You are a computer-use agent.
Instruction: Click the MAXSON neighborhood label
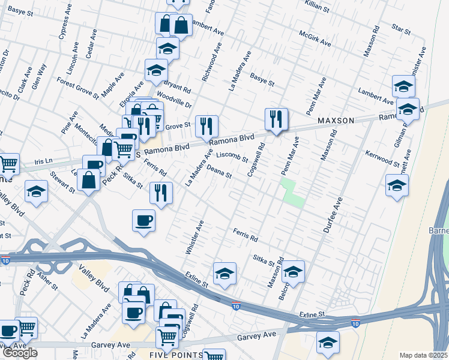point(336,121)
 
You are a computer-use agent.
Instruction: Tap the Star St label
point(400,28)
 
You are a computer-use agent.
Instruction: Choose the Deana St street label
point(219,173)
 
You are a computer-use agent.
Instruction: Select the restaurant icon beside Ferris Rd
point(161,193)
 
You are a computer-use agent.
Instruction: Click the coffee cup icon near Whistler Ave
point(143,220)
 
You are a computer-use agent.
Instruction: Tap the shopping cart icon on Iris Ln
point(8,163)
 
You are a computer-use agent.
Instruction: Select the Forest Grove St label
point(77,86)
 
